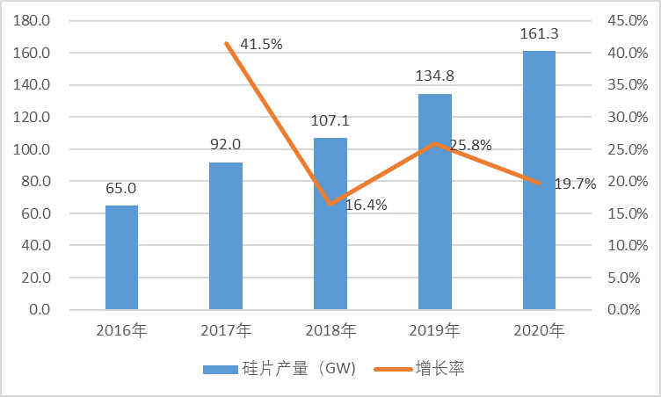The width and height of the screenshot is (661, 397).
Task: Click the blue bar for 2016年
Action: (x=121, y=257)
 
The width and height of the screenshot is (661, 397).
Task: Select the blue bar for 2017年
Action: (x=226, y=235)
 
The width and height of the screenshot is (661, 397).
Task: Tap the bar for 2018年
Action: (x=330, y=223)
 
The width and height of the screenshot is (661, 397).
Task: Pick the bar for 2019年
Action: (x=434, y=201)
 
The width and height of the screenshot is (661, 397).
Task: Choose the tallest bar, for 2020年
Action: (x=539, y=180)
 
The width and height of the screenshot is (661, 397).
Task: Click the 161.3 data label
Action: (x=539, y=35)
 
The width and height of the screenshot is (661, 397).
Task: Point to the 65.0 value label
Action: (x=121, y=189)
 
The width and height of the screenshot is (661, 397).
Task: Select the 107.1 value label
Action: (x=330, y=121)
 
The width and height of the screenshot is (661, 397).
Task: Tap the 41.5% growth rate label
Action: (x=261, y=44)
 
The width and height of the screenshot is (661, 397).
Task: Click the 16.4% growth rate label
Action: (x=367, y=206)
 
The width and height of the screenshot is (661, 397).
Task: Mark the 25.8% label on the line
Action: (x=470, y=145)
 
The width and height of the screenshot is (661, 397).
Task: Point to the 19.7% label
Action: (x=575, y=184)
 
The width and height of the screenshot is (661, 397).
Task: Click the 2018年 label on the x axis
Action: (x=330, y=331)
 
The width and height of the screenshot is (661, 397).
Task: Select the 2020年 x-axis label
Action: (x=539, y=331)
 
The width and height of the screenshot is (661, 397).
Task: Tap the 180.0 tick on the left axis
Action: (x=31, y=21)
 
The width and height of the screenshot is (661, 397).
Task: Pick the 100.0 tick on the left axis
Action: (x=31, y=149)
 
